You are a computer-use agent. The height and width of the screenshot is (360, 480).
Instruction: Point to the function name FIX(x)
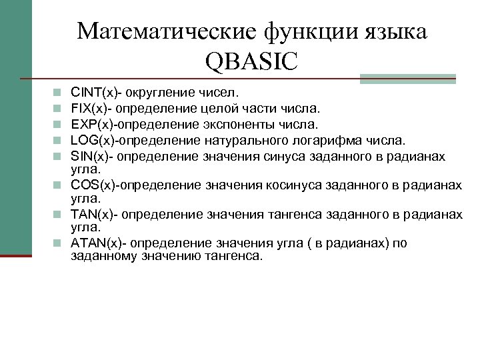tap(89, 107)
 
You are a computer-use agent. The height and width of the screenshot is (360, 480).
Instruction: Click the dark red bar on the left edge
tap(16, 254)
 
